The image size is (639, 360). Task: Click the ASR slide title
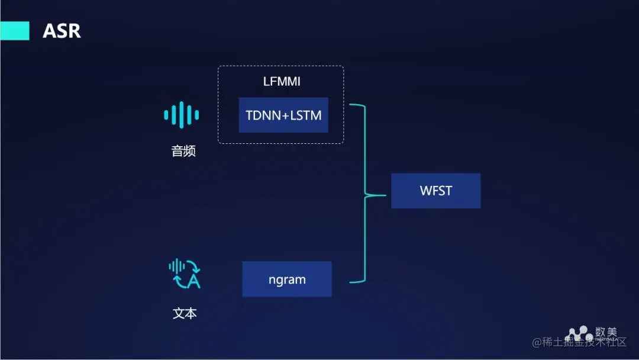tap(62, 31)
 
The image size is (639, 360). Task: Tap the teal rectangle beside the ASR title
tap(15, 31)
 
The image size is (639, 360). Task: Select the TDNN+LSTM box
tap(283, 115)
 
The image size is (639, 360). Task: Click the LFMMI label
tap(282, 82)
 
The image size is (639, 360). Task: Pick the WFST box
tap(435, 191)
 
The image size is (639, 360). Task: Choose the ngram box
tap(287, 279)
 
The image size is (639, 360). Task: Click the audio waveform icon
tap(182, 114)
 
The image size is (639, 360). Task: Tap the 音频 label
tap(183, 152)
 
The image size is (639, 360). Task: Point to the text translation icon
tap(185, 274)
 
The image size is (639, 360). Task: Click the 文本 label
tap(185, 313)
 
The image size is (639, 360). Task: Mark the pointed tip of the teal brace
tap(364, 194)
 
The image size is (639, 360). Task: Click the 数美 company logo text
tap(606, 332)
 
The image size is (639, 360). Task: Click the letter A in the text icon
tap(193, 282)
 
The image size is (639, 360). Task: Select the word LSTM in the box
tap(306, 115)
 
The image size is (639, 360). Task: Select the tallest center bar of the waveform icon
tap(182, 114)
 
